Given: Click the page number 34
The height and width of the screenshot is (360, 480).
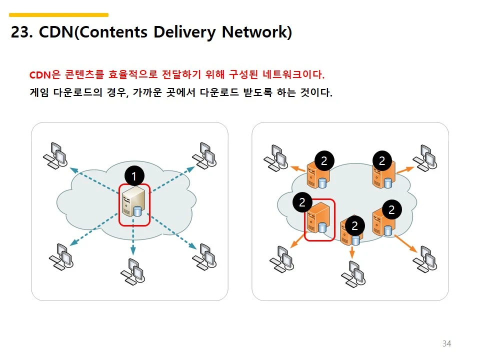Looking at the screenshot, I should pos(446,343).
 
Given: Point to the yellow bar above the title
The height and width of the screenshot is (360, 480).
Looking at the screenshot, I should pos(58,15).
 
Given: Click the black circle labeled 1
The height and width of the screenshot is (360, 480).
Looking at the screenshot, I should pos(133,175).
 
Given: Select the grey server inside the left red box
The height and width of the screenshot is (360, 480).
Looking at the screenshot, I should pos(134,204).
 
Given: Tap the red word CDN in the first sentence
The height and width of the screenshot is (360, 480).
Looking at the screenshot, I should pos(40,75).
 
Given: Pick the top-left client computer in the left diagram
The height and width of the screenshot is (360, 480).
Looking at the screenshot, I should pos(55,155).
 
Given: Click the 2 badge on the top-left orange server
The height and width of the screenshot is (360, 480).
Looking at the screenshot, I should pos(324,160).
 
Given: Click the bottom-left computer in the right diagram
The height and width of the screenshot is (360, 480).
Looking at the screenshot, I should pos(281,259).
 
